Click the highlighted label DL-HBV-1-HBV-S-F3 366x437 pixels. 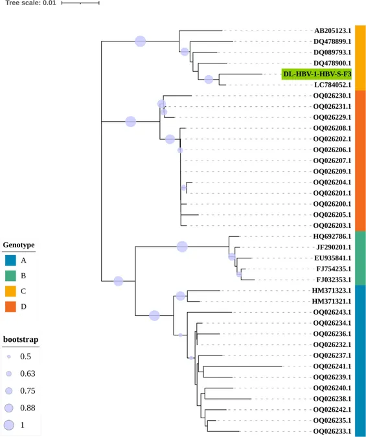pyautogui.click(x=317, y=74)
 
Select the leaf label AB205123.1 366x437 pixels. pyautogui.click(x=332, y=30)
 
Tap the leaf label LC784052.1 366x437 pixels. pyautogui.click(x=332, y=85)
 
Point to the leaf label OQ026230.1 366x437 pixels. pyautogui.click(x=332, y=96)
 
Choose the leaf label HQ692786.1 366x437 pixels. pyautogui.click(x=332, y=236)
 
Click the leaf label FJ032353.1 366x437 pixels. pyautogui.click(x=334, y=280)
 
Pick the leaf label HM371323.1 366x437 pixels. pyautogui.click(x=332, y=291)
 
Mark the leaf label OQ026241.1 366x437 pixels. pyautogui.click(x=332, y=366)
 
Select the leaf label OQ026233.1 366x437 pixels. pyautogui.click(x=332, y=431)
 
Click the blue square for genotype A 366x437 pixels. pyautogui.click(x=10, y=260)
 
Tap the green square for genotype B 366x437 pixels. pyautogui.click(x=10, y=276)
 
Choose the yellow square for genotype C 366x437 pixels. pyautogui.click(x=10, y=291)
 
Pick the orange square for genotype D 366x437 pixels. pyautogui.click(x=10, y=307)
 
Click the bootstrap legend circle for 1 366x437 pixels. pyautogui.click(x=9, y=425)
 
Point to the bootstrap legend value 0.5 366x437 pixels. pyautogui.click(x=25, y=357)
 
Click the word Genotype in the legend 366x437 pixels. pyautogui.click(x=19, y=245)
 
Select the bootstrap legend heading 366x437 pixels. pyautogui.click(x=21, y=339)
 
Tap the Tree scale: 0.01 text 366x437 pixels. pyautogui.click(x=30, y=3)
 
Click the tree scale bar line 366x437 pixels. pyautogui.click(x=80, y=3)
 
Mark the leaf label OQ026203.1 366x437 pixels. pyautogui.click(x=332, y=225)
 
